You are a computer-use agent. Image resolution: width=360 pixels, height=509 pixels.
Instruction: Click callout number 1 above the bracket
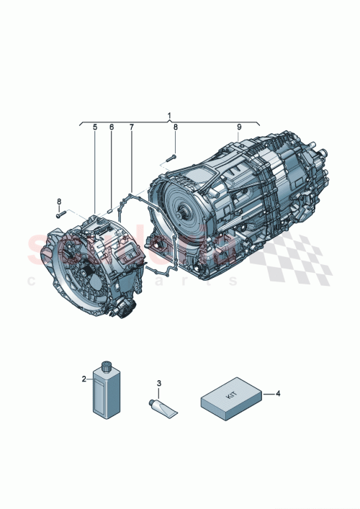169,115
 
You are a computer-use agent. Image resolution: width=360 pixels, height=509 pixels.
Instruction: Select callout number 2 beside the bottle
84,378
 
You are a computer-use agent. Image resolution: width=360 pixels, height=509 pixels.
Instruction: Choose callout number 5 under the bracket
94,128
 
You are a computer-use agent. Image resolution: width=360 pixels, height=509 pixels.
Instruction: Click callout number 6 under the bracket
112,128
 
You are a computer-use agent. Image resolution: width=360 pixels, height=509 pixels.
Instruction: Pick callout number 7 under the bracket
131,128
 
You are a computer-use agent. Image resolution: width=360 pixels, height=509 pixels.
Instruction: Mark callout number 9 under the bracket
239,128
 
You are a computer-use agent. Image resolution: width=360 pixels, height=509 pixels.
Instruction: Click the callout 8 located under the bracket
174,128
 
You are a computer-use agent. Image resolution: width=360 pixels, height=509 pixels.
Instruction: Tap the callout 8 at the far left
58,201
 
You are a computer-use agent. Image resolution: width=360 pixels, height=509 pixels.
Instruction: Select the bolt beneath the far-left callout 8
59,213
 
